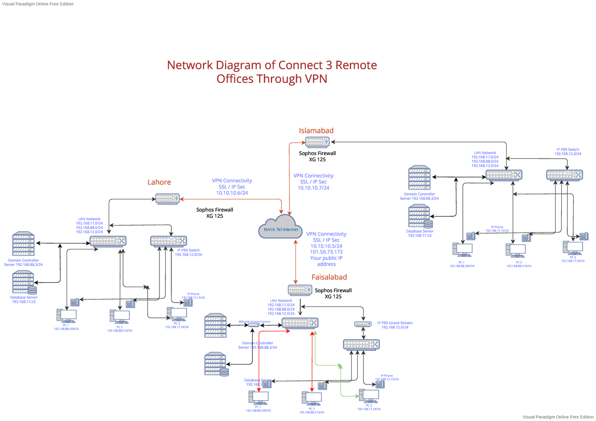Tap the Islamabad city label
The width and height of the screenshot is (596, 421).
pyautogui.click(x=316, y=130)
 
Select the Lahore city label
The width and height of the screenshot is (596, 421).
pyautogui.click(x=159, y=182)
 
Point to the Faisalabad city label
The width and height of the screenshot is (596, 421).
pyautogui.click(x=329, y=277)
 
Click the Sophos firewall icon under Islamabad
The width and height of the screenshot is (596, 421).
pyautogui.click(x=316, y=142)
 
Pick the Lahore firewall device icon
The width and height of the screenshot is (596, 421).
pyautogui.click(x=167, y=199)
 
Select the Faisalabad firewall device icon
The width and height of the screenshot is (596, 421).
pyautogui.click(x=300, y=290)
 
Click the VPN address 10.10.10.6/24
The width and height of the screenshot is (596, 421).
pyautogui.click(x=231, y=192)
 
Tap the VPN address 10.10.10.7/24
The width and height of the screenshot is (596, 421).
pyautogui.click(x=313, y=188)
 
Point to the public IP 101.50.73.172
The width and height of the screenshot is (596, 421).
pyautogui.click(x=326, y=252)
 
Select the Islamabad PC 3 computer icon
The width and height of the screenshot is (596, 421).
pyautogui.click(x=572, y=247)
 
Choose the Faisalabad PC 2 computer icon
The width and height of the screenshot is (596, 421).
pyautogui.click(x=311, y=398)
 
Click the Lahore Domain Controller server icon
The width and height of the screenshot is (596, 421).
pyautogui.click(x=23, y=243)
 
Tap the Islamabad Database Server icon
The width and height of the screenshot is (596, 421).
pyautogui.click(x=419, y=216)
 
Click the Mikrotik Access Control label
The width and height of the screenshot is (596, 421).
pyautogui.click(x=254, y=321)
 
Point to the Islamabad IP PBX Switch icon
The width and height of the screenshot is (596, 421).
pyautogui.click(x=564, y=175)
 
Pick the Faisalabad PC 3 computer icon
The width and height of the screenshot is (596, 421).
pyautogui.click(x=368, y=396)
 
